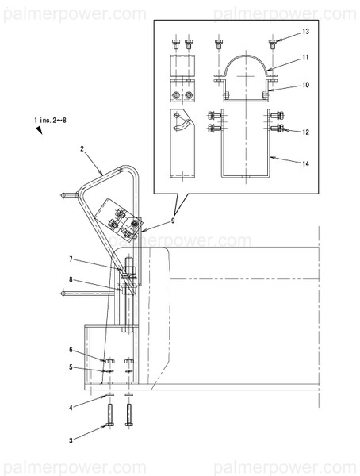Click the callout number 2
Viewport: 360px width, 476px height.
coord(82,148)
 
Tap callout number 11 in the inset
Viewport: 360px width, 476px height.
coord(305,59)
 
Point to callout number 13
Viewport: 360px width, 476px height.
coord(305,33)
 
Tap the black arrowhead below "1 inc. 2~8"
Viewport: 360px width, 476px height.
coord(38,131)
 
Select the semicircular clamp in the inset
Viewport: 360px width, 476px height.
coord(247,68)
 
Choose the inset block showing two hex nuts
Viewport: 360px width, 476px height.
coord(182,94)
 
